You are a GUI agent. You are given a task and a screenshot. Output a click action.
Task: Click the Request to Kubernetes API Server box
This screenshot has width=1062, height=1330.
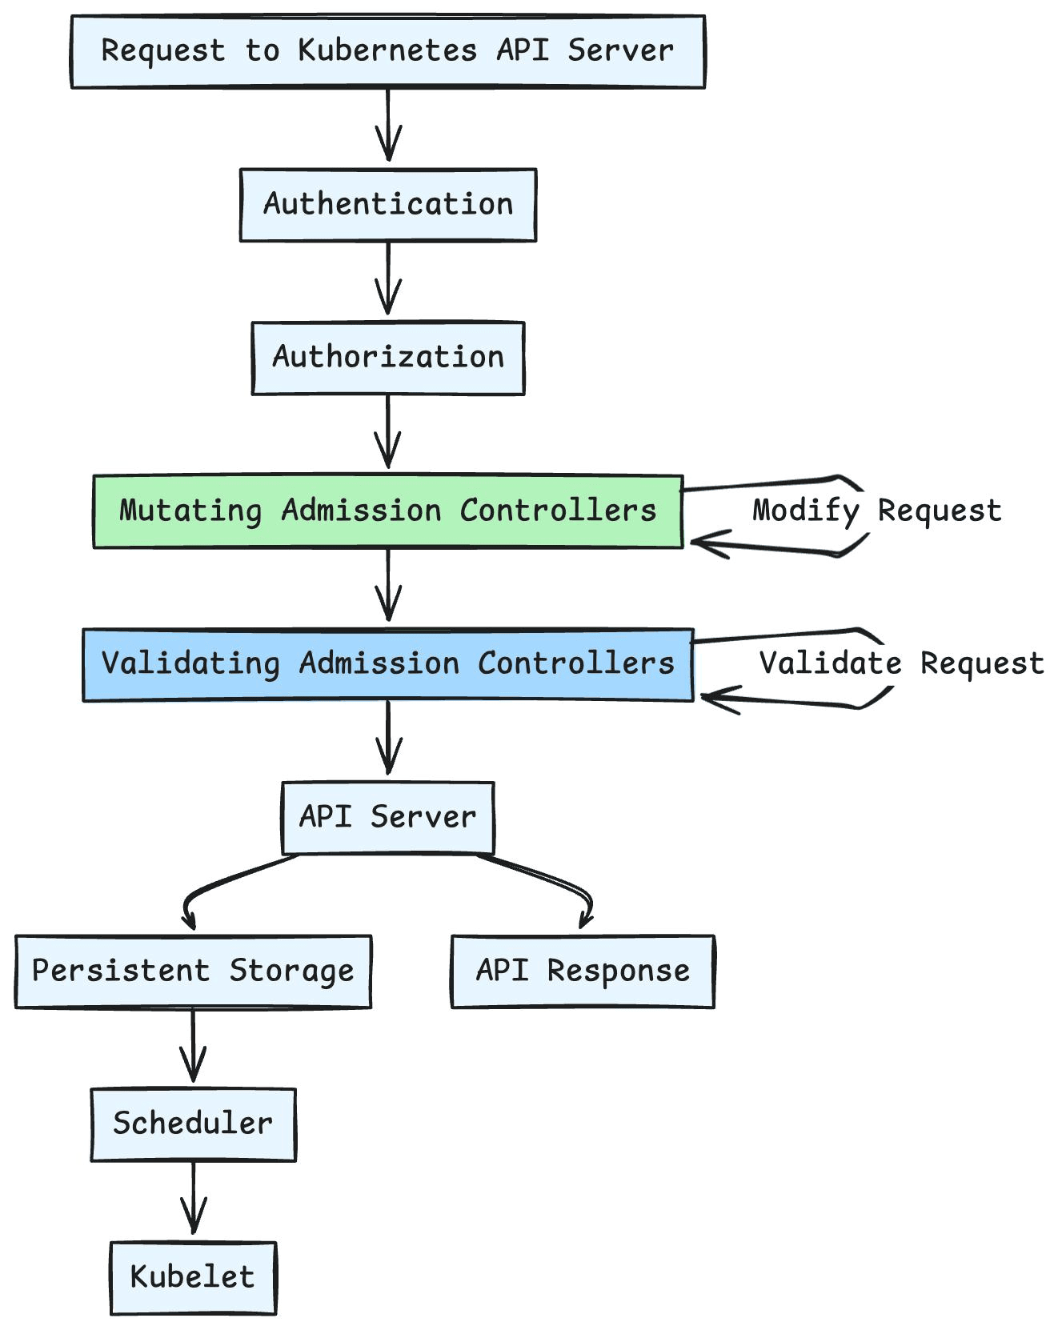click(388, 51)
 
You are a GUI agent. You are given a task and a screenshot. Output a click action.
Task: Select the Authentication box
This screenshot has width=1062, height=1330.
click(388, 205)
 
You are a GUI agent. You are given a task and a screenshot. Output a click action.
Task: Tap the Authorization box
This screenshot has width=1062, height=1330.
click(388, 359)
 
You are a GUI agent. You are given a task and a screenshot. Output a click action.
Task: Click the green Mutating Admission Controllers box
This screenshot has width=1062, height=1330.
click(388, 511)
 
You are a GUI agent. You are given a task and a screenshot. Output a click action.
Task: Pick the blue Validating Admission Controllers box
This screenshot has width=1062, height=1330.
click(388, 665)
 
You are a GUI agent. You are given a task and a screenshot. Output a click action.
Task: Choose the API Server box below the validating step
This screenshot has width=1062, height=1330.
click(388, 818)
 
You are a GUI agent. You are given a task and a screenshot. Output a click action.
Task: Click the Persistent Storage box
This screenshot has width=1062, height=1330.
click(193, 971)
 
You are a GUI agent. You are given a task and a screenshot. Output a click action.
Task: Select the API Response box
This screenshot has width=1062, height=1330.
click(583, 971)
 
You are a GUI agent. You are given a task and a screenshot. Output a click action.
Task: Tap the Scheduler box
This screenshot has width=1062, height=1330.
click(193, 1124)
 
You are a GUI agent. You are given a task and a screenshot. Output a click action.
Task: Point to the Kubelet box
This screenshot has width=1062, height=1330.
click(193, 1278)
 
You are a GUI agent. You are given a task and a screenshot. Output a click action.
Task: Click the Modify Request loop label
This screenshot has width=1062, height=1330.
click(877, 511)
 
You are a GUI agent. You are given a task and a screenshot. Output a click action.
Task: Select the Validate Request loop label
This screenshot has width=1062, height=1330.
click(902, 663)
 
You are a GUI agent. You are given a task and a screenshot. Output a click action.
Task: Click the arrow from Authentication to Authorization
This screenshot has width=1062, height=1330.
click(388, 278)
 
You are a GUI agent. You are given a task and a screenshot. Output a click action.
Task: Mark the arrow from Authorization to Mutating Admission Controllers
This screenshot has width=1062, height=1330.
click(388, 431)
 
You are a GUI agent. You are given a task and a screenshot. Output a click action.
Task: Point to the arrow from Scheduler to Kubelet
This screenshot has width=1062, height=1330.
click(193, 1197)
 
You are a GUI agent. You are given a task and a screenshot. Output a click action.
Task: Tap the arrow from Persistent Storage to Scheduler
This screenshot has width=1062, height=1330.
click(193, 1044)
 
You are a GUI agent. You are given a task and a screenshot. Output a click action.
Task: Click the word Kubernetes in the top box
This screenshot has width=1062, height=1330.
click(387, 50)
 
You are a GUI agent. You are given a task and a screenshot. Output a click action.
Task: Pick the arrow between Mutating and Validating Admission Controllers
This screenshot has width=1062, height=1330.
click(388, 584)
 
